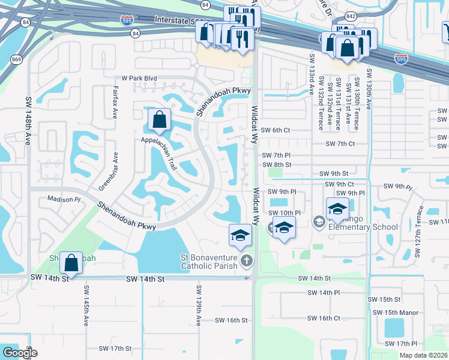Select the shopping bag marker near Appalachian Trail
[x=159, y=121]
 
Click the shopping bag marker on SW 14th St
[x=71, y=263]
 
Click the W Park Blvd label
[x=139, y=78]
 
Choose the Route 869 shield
[x=17, y=59]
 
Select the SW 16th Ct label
[x=324, y=319]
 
